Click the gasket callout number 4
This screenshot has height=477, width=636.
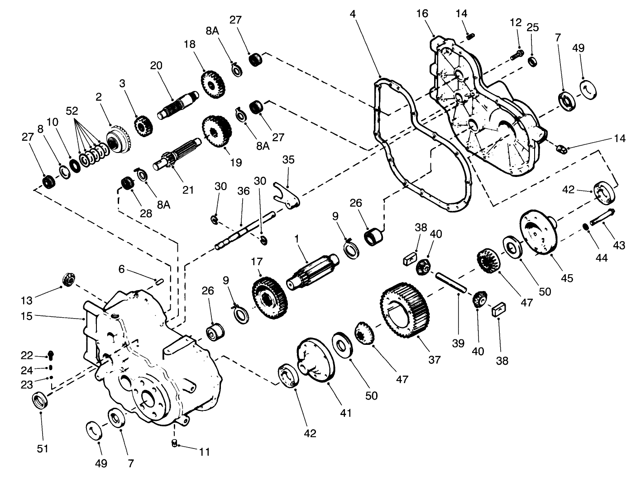tap(353, 14)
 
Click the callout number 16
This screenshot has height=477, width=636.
tap(422, 14)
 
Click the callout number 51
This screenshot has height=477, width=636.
tap(42, 448)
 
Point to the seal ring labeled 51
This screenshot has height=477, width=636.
tap(41, 401)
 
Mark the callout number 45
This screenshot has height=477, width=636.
tap(566, 277)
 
